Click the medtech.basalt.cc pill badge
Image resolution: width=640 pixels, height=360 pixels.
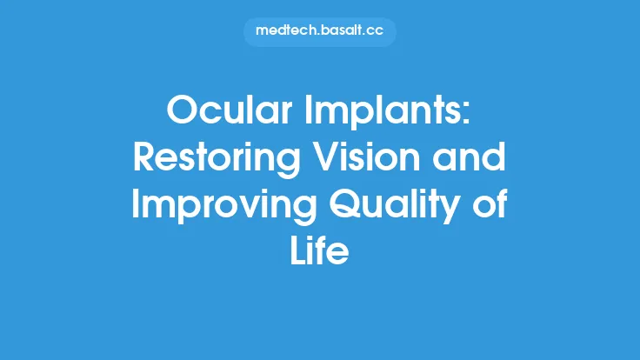pos(320,30)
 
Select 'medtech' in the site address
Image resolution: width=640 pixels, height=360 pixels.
pos(283,30)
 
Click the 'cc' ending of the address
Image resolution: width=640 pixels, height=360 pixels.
pos(376,31)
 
